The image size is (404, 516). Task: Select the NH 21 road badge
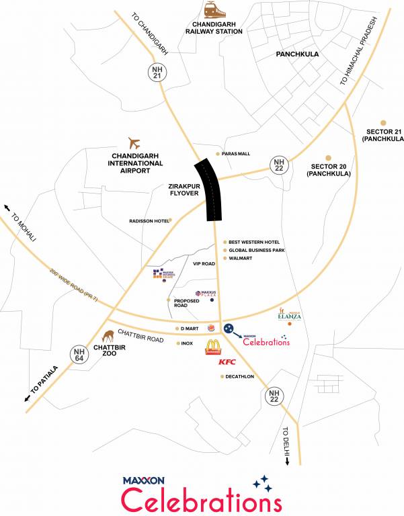tap(157, 73)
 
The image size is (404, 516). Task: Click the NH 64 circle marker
tap(80, 354)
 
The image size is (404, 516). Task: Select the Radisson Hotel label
tap(149, 220)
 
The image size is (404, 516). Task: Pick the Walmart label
tap(240, 259)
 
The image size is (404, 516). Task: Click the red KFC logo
tap(226, 363)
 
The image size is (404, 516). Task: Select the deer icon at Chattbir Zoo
tap(107, 335)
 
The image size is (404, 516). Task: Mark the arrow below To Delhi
tap(288, 461)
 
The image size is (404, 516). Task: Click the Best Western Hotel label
tap(253, 243)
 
